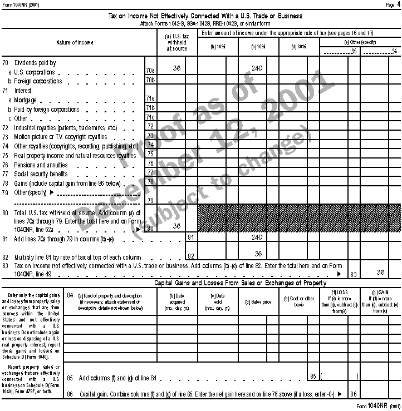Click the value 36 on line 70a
tap(177, 68)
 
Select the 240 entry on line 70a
tap(256, 68)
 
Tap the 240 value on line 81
tap(256, 237)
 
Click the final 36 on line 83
tap(381, 273)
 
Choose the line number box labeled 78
tap(149, 182)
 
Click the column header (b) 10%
tap(217, 47)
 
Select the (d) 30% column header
tap(298, 47)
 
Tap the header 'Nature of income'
tap(75, 43)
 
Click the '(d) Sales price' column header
tap(258, 303)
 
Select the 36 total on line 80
tap(177, 226)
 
